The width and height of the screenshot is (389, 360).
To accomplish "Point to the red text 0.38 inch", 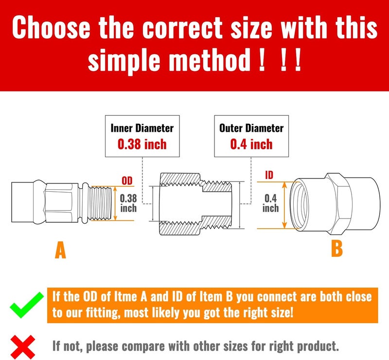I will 142,144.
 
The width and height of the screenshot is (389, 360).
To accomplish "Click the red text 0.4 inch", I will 251,144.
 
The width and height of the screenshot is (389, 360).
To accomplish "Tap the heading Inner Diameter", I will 142,128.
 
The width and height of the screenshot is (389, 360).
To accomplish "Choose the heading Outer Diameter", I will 251,128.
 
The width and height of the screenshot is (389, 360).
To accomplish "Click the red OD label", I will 126,181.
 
